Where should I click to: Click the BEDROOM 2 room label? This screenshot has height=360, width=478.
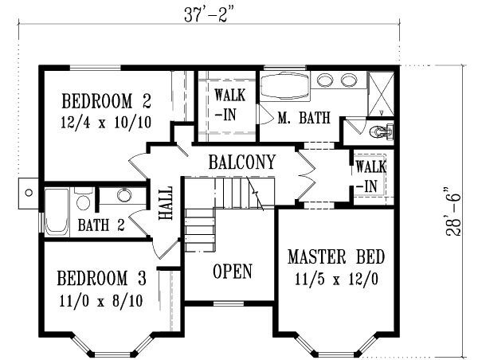click(106, 101)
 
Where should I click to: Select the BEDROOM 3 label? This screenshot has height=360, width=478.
click(101, 279)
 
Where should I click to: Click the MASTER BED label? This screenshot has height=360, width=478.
click(335, 257)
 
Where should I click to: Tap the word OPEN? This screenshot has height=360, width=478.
click(233, 272)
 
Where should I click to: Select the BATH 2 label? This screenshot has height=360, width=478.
click(100, 225)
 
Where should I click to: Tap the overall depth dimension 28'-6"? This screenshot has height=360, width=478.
click(454, 210)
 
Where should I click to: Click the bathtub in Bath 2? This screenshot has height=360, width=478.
click(57, 212)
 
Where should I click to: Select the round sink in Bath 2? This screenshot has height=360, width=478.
click(125, 195)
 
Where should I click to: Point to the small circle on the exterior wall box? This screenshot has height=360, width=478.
click(29, 192)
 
